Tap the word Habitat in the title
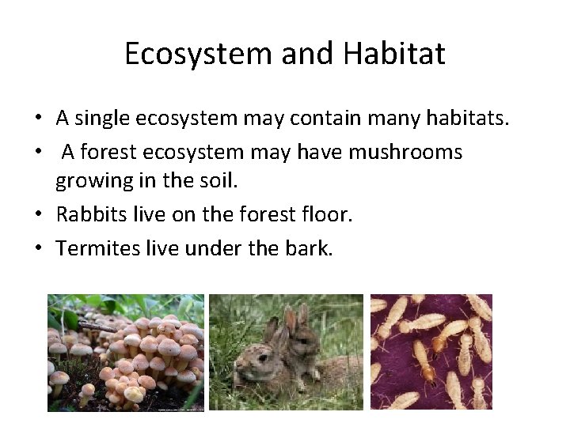[394, 54]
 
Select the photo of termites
[431, 352]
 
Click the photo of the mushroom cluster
[125, 352]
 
